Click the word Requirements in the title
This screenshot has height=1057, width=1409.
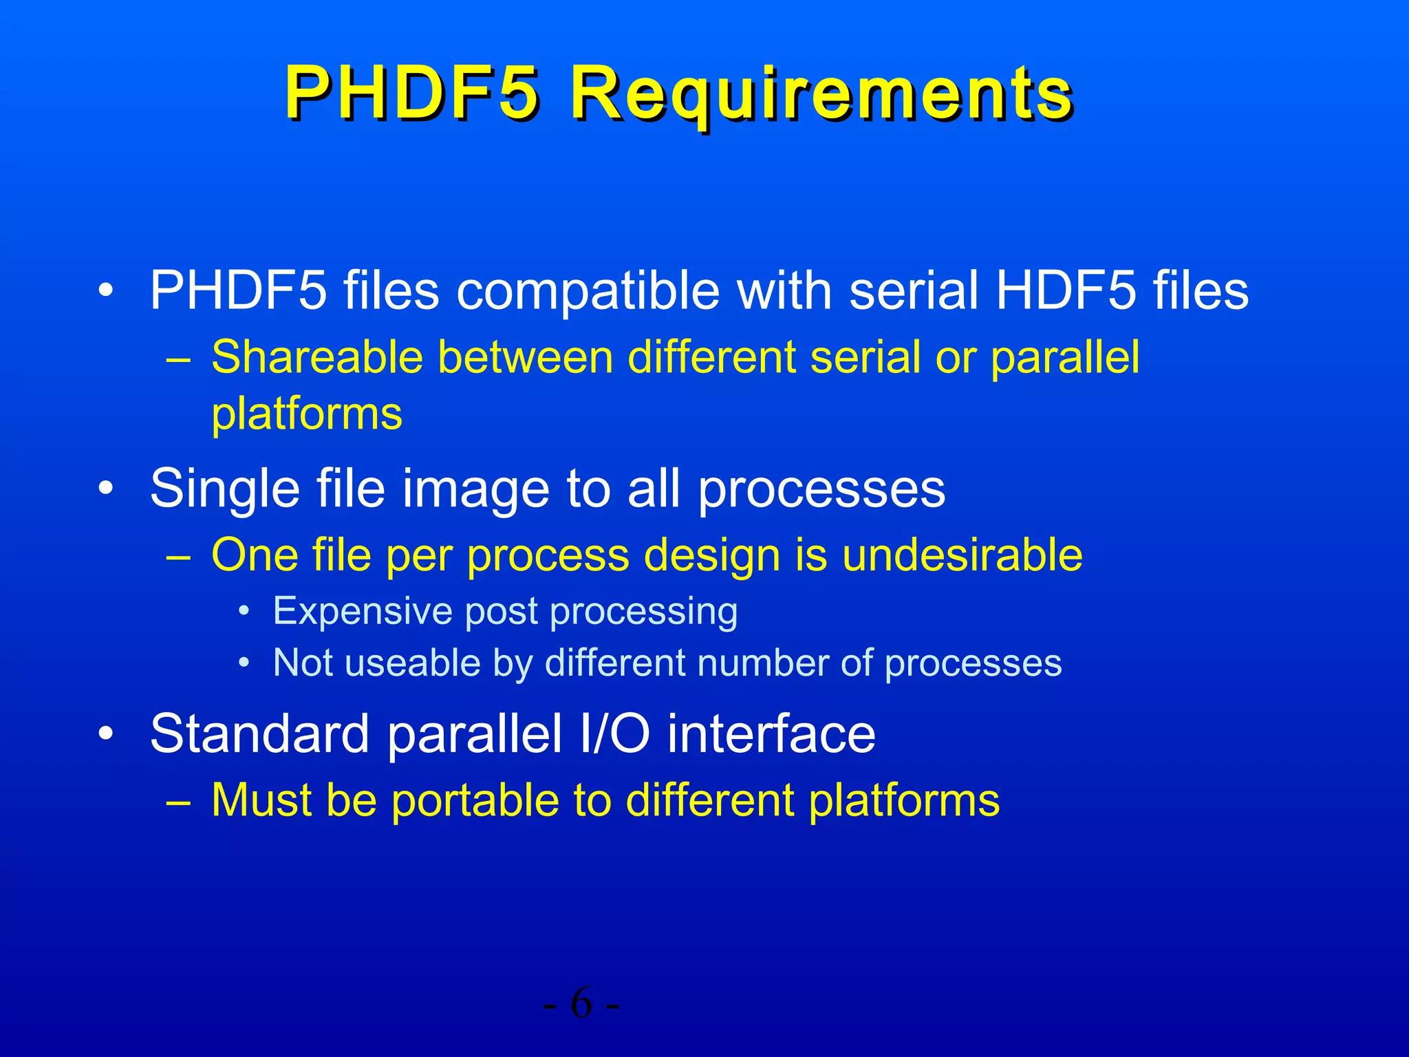tap(821, 93)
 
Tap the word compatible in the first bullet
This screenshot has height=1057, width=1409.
tap(588, 290)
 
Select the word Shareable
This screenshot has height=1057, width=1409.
tap(316, 358)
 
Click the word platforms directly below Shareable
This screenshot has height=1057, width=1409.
tap(307, 415)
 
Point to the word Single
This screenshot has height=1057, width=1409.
tap(224, 489)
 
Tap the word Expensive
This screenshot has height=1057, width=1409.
tap(361, 611)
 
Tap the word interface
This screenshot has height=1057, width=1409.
tap(771, 734)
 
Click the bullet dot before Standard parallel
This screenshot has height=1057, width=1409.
tap(105, 735)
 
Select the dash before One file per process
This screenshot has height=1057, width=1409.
tap(178, 557)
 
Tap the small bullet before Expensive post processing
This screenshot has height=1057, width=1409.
tap(244, 612)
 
